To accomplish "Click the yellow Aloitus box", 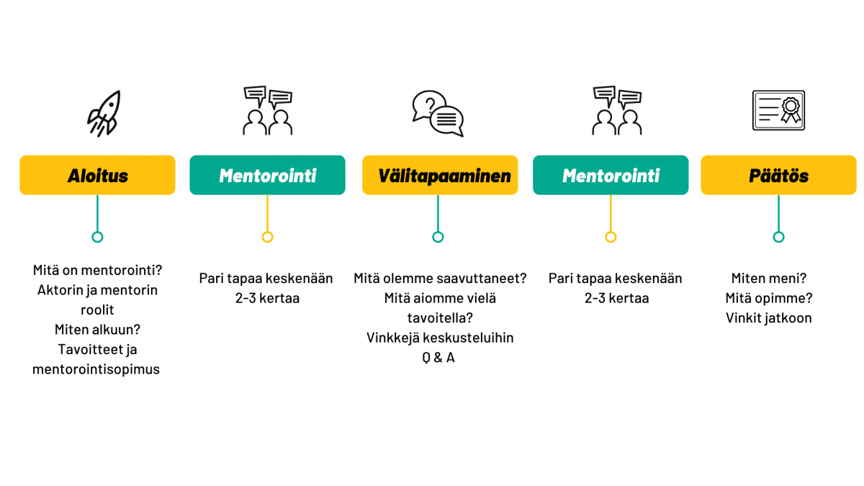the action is [x=97, y=175].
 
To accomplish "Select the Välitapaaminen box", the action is [x=440, y=175].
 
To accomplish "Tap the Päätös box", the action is [x=778, y=175].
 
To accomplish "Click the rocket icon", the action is [x=104, y=114].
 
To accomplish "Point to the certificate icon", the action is [x=778, y=110].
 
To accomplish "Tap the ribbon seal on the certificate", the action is [x=791, y=110].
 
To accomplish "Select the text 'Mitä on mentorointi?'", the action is [x=97, y=270].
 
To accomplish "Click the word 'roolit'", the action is [x=97, y=310].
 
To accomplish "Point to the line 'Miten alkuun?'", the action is [x=97, y=330].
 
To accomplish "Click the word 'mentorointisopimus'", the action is [x=96, y=369].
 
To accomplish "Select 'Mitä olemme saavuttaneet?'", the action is [x=440, y=278].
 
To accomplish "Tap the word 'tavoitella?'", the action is [x=440, y=318].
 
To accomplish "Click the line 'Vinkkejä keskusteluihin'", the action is [x=440, y=338].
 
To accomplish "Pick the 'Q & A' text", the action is [x=438, y=358].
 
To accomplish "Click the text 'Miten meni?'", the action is [x=769, y=278].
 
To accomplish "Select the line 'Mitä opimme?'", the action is [x=769, y=298].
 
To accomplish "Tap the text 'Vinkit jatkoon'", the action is [x=769, y=318].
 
